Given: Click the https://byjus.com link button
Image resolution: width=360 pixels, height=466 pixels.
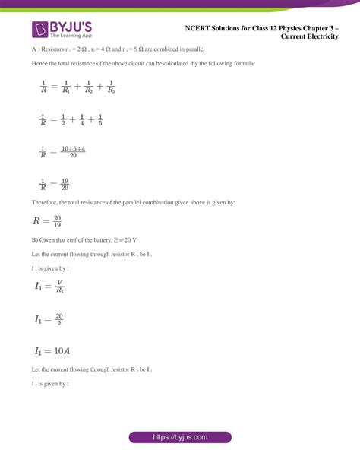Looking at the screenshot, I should coord(179,438).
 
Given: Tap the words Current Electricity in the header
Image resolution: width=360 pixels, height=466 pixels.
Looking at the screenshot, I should coord(309,36).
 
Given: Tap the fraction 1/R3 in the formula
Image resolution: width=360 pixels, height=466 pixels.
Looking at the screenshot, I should coord(111,87).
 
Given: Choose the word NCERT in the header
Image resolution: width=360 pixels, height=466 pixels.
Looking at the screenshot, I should coord(197,27).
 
